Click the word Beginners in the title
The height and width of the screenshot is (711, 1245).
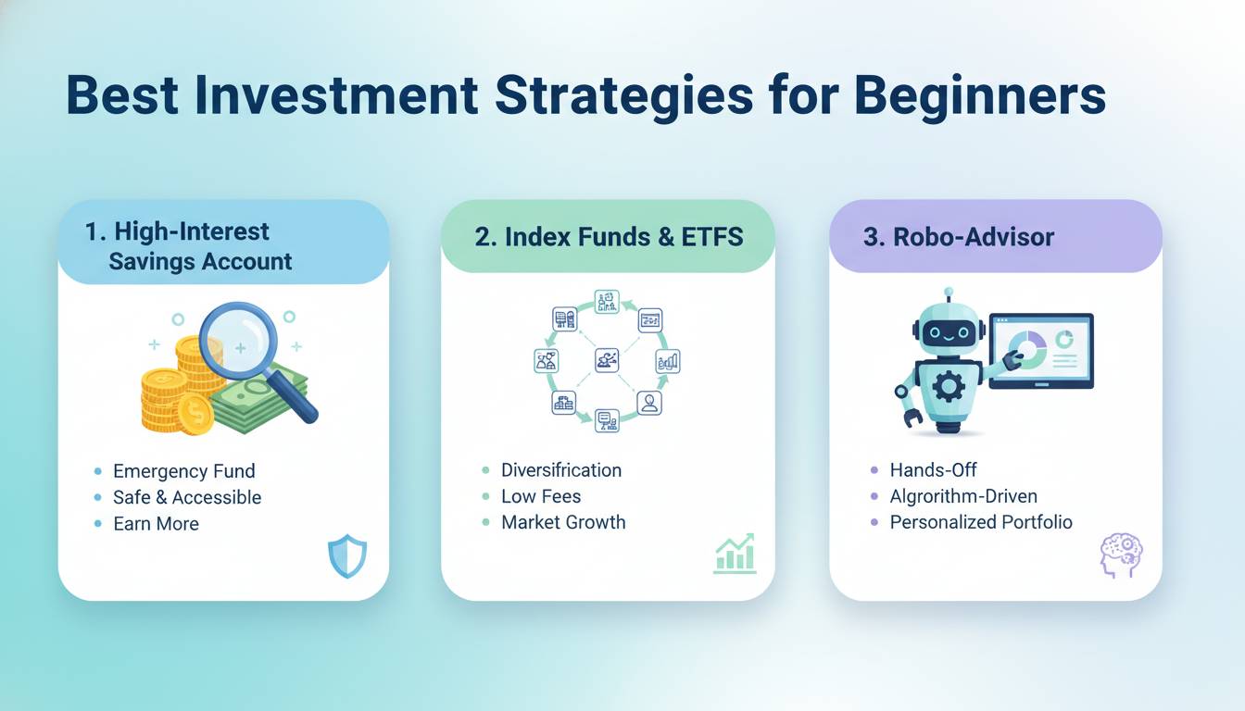click(980, 96)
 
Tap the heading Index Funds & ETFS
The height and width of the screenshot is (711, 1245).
click(609, 237)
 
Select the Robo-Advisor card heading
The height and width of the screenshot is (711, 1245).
click(958, 237)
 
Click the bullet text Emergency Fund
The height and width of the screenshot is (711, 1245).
click(184, 471)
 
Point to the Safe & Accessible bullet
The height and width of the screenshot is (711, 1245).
click(187, 497)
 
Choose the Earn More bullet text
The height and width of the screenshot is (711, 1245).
click(157, 523)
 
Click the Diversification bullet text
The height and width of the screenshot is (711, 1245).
click(561, 470)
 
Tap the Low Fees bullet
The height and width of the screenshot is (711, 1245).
click(541, 496)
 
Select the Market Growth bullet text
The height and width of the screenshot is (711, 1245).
click(563, 522)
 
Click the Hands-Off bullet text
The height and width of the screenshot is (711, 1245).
click(933, 470)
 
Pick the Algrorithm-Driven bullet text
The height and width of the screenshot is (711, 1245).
click(963, 496)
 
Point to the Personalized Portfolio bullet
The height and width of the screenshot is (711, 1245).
click(981, 522)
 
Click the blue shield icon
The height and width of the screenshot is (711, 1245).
click(347, 556)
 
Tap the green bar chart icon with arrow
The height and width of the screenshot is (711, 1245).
click(735, 554)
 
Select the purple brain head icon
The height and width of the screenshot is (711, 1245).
click(1121, 555)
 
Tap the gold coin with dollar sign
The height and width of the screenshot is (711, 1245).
click(195, 414)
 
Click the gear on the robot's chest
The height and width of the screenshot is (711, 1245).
click(949, 386)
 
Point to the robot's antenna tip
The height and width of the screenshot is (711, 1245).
click(949, 293)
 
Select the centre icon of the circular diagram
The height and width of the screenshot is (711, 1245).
click(607, 360)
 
